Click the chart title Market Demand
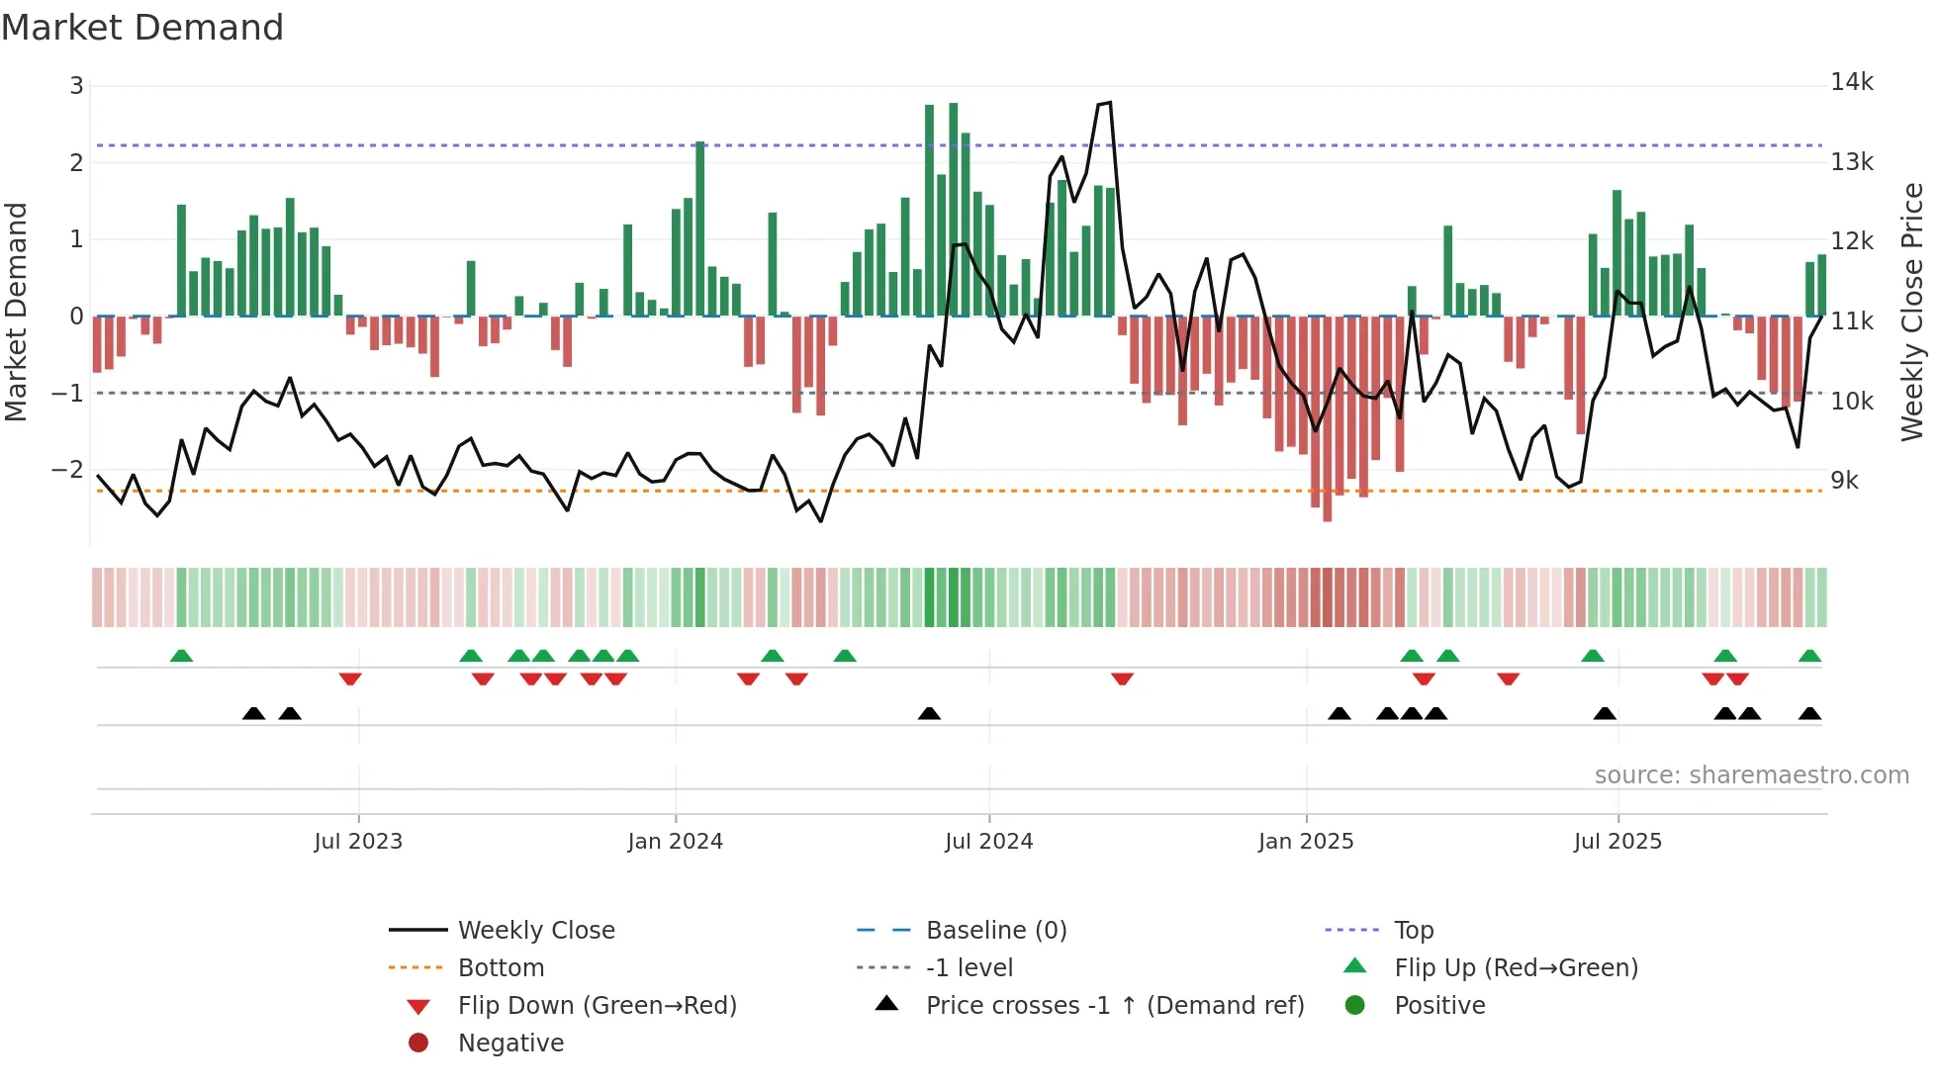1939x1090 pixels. (142, 27)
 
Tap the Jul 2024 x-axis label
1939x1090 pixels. (988, 842)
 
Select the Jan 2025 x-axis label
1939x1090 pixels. (1305, 842)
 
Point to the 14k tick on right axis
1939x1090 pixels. (1851, 82)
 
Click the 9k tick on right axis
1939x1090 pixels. (1844, 481)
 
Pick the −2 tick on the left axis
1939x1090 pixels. (67, 469)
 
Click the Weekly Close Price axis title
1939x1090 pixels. (1911, 312)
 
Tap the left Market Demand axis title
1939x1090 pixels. (16, 312)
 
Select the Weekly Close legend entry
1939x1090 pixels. (535, 930)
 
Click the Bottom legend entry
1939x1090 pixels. (501, 967)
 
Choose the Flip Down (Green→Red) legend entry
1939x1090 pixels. (597, 1005)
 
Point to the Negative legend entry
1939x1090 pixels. (510, 1043)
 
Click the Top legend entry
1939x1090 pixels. (1413, 930)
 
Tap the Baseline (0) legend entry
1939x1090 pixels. (995, 930)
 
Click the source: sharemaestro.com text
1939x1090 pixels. (1751, 774)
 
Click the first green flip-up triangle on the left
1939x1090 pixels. (181, 656)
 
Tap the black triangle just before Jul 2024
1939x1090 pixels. (929, 713)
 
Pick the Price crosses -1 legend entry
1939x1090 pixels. (1114, 1005)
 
